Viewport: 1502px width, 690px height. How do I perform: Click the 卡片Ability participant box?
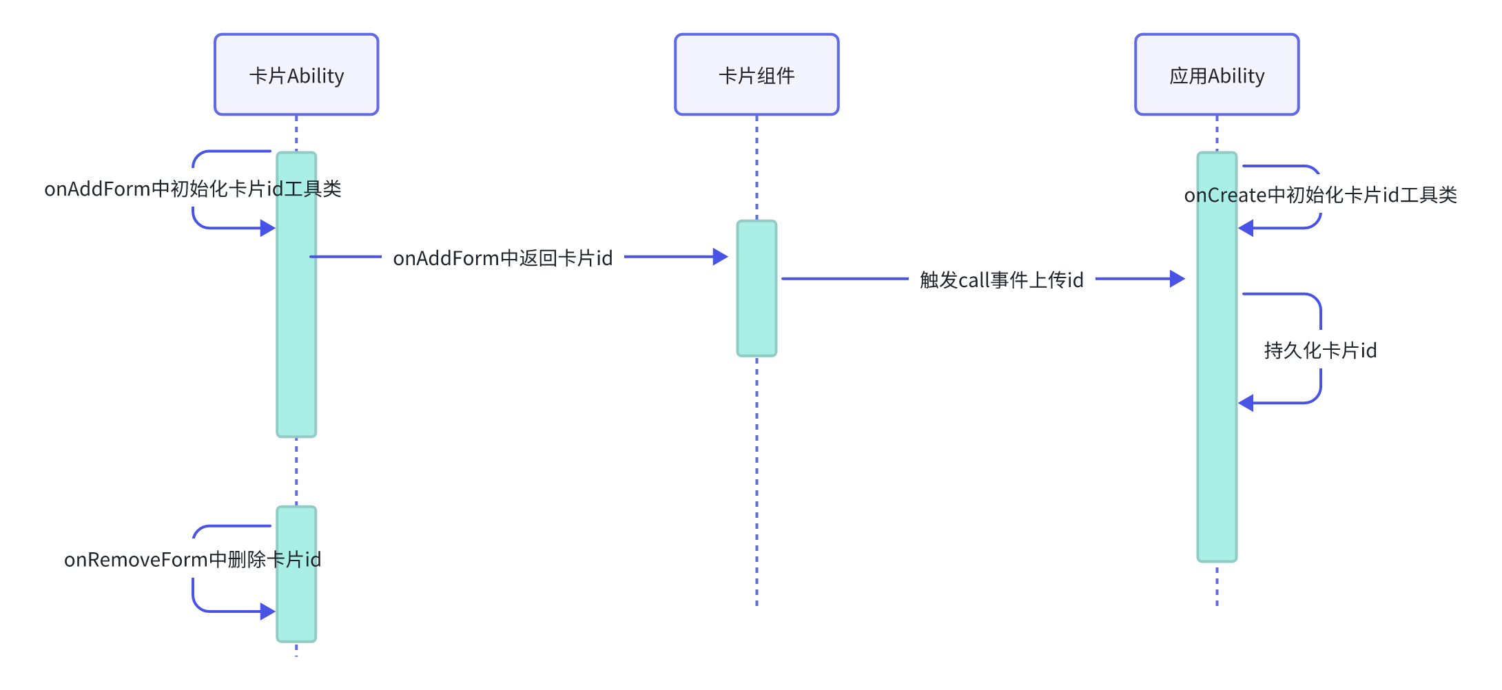tap(296, 74)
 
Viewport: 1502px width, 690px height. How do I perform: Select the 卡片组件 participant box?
tap(757, 74)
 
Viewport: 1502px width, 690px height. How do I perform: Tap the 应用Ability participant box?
tap(1217, 74)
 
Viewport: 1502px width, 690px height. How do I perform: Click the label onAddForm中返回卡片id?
tap(502, 258)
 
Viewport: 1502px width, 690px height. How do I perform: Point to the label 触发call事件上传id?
tap(1001, 280)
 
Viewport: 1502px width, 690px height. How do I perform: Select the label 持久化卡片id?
tap(1320, 351)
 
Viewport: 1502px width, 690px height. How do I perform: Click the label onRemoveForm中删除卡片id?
tap(192, 559)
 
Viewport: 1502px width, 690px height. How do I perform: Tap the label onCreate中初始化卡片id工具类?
tap(1320, 195)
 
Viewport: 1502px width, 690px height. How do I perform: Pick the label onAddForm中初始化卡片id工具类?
tap(192, 189)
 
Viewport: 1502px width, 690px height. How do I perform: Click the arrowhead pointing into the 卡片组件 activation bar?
tap(721, 257)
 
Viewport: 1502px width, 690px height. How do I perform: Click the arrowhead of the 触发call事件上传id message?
tap(1177, 279)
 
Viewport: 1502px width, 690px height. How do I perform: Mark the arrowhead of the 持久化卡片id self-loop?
tap(1246, 403)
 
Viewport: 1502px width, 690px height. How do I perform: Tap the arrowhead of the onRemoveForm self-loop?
tap(268, 611)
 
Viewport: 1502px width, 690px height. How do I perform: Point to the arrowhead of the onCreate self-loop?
tap(1246, 228)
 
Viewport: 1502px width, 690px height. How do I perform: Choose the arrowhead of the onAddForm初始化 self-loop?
tap(268, 228)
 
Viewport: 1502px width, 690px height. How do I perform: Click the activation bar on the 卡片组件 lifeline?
tap(757, 310)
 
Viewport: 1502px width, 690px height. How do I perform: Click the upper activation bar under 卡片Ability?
tap(296, 344)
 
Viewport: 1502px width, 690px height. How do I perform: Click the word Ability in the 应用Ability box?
tap(1236, 76)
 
